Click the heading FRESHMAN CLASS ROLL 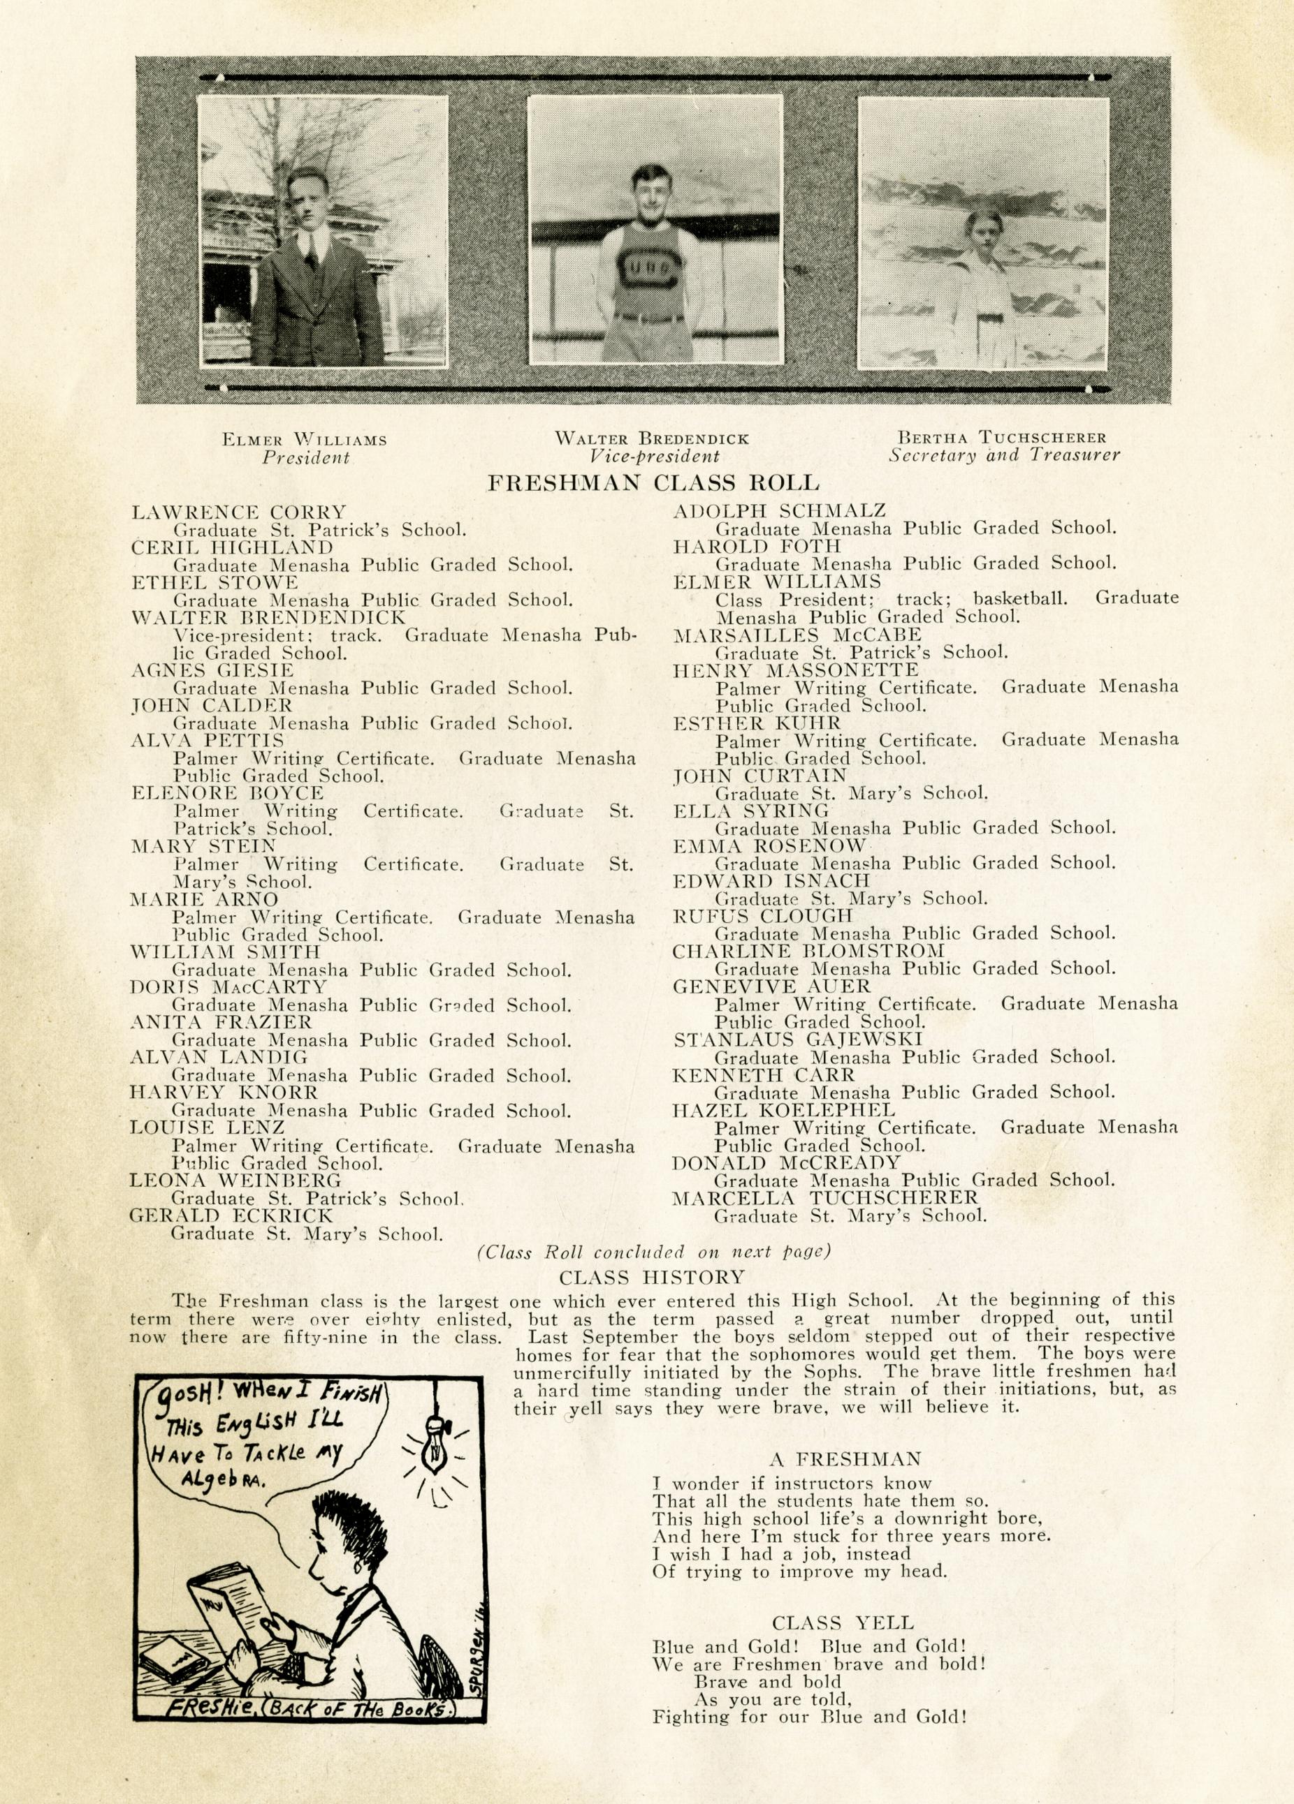click(x=653, y=483)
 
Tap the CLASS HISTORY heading click(x=652, y=1278)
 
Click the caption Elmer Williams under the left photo click(x=304, y=439)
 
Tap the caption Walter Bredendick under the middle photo click(x=652, y=438)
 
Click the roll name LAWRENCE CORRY click(x=239, y=512)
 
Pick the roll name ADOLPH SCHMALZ click(x=779, y=510)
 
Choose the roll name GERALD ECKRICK click(x=231, y=1216)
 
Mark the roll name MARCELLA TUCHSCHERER click(x=824, y=1198)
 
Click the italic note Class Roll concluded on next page click(x=653, y=1251)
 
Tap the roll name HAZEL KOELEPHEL click(x=784, y=1109)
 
